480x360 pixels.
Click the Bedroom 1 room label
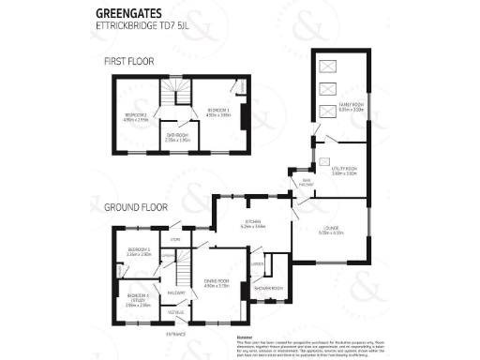click(219, 112)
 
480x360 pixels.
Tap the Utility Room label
click(344, 172)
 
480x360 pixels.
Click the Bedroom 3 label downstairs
click(140, 251)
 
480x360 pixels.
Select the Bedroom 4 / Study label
click(139, 301)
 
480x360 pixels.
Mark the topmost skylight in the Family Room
click(327, 66)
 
